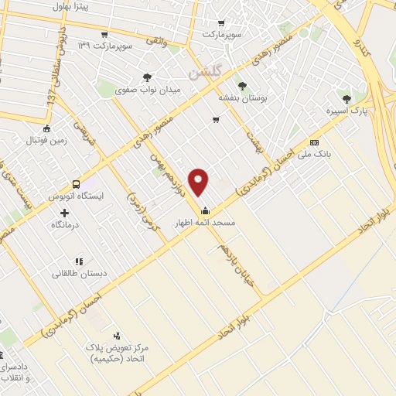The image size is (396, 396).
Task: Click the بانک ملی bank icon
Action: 314,143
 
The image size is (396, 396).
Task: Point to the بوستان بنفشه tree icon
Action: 242,86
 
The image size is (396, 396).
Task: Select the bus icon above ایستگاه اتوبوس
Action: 76,185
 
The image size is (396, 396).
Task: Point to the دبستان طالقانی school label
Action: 79,273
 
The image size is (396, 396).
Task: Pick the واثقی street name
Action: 170,38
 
